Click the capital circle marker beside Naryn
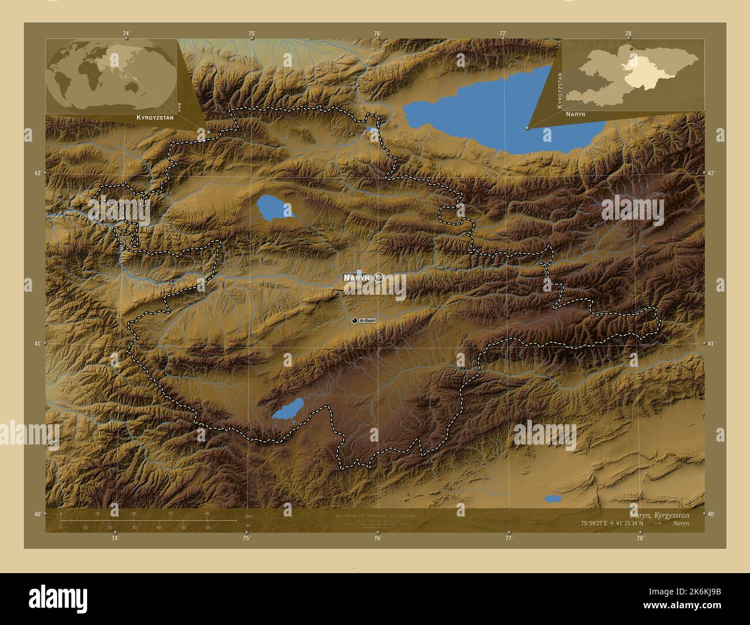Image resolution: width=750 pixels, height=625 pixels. click(378, 278)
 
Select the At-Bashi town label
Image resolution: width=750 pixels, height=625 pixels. click(367, 320)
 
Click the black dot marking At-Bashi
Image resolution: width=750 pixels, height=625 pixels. click(354, 320)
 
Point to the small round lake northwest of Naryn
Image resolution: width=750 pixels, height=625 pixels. click(272, 208)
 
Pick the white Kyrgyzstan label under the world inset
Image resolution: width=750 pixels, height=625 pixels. click(155, 117)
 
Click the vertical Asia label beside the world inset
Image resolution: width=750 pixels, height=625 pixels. click(180, 107)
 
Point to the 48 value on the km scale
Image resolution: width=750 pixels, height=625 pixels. click(134, 513)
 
